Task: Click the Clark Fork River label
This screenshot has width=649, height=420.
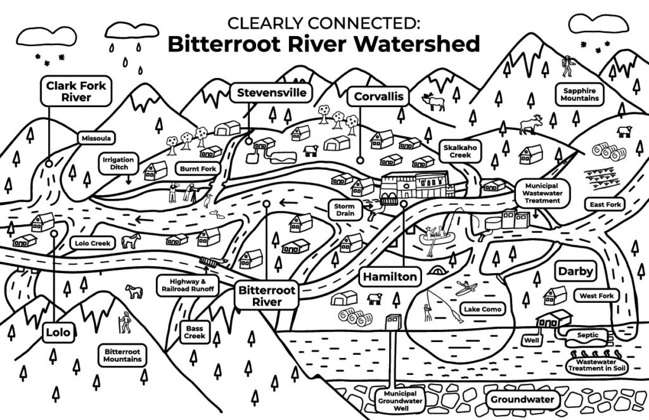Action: click(76, 91)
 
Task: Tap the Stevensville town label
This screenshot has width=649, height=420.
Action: click(271, 92)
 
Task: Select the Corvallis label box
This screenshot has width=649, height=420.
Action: click(379, 96)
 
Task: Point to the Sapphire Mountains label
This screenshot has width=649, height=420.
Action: click(579, 95)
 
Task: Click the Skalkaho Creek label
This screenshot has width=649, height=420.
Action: click(460, 151)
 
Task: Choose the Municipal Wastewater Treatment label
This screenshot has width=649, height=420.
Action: click(543, 193)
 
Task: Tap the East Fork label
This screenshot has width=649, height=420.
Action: click(605, 205)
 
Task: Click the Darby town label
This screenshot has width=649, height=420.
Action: click(575, 272)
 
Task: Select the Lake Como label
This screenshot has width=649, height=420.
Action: click(482, 309)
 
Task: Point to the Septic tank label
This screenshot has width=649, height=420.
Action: click(588, 335)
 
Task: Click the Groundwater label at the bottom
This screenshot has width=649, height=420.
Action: click(522, 400)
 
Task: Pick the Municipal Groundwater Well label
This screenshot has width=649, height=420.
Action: click(401, 401)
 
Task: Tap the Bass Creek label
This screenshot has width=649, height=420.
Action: click(194, 332)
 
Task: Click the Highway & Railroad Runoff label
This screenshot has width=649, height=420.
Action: click(188, 285)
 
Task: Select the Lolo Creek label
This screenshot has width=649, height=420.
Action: click(93, 243)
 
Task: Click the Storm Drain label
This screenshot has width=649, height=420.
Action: click(344, 210)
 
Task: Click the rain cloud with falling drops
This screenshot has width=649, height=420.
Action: click(132, 30)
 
